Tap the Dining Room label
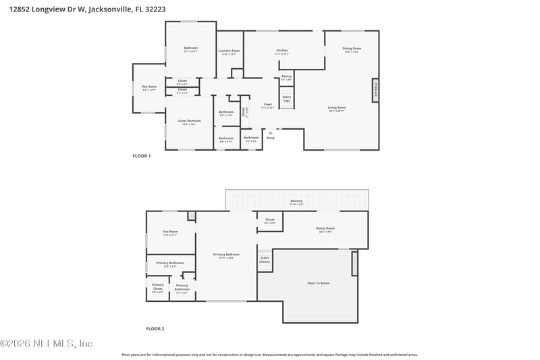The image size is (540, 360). pyautogui.click(x=352, y=49)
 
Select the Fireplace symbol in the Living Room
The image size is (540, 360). pyautogui.click(x=375, y=90)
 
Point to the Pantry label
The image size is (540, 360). pyautogui.click(x=286, y=77)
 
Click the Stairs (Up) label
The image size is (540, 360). pyautogui.click(x=287, y=99)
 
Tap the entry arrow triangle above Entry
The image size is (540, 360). pyautogui.click(x=270, y=133)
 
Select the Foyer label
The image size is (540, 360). pyautogui.click(x=268, y=105)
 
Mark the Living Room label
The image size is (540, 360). pyautogui.click(x=337, y=108)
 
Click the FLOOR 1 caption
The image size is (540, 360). pyautogui.click(x=141, y=156)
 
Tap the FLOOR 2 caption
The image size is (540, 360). pyautogui.click(x=155, y=329)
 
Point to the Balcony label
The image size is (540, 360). pyautogui.click(x=296, y=201)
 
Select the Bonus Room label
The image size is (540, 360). pyautogui.click(x=326, y=229)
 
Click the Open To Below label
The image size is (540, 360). pyautogui.click(x=319, y=282)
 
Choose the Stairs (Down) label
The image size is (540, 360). pyautogui.click(x=265, y=259)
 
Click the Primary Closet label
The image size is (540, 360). pyautogui.click(x=157, y=287)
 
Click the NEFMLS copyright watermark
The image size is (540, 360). pyautogui.click(x=47, y=343)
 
